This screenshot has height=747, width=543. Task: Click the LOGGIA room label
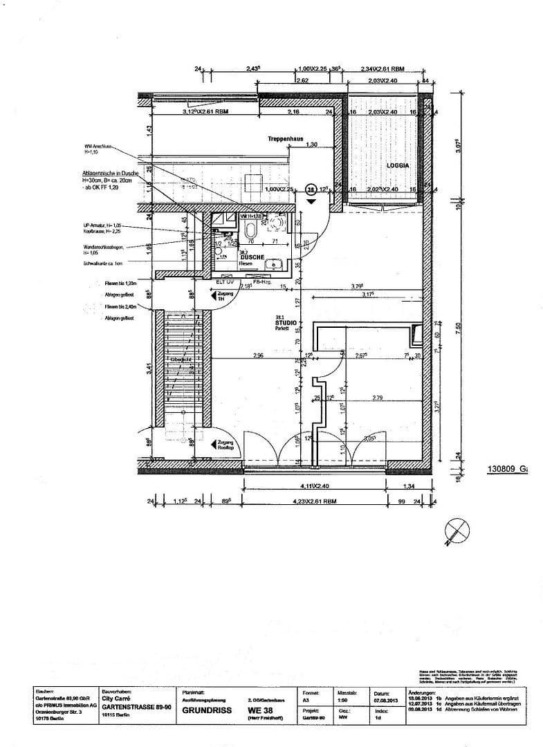(398, 167)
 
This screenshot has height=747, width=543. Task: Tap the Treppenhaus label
(286, 139)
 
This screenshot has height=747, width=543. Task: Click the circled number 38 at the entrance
(311, 188)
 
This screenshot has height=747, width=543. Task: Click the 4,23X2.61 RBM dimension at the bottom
(313, 501)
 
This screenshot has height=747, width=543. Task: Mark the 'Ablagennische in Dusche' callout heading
(110, 173)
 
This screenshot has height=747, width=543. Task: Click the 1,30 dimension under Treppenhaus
(313, 145)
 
